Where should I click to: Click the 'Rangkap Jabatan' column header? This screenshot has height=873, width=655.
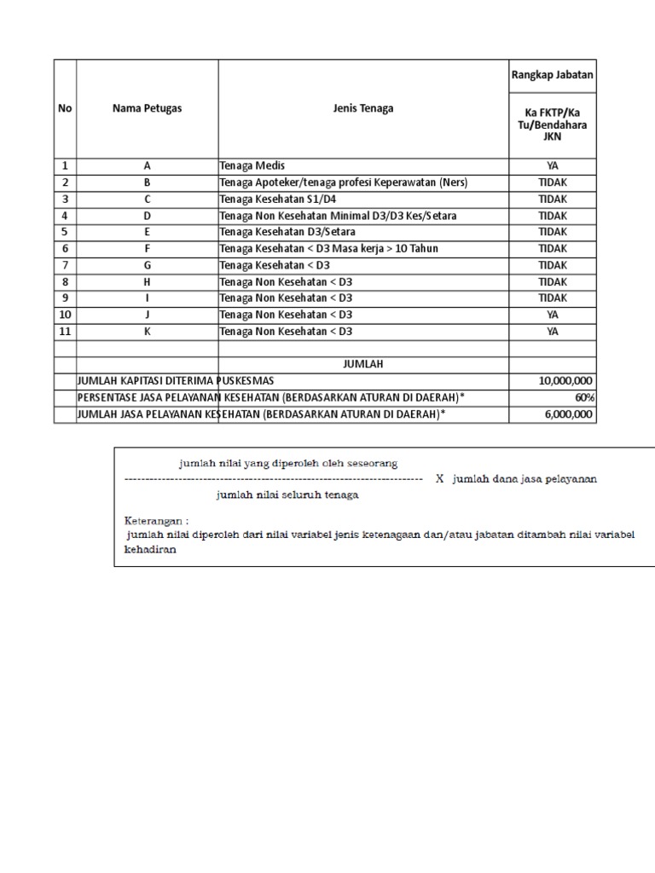click(x=553, y=75)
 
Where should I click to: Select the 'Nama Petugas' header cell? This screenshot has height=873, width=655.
click(x=147, y=108)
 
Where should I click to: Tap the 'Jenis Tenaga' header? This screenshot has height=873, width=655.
click(x=363, y=108)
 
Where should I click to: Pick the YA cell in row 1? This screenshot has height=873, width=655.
click(x=553, y=166)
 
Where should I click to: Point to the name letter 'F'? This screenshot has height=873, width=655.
click(x=147, y=248)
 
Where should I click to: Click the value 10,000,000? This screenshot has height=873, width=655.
click(x=566, y=381)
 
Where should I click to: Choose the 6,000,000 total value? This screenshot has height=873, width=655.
click(x=569, y=414)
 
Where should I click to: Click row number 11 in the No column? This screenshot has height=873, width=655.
click(x=65, y=332)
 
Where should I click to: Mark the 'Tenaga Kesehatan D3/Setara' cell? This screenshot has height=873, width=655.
click(x=287, y=232)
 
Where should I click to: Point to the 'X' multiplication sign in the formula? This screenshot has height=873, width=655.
click(x=439, y=479)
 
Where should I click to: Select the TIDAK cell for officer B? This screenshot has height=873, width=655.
click(x=553, y=182)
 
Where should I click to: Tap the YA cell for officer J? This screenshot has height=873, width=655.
click(x=553, y=315)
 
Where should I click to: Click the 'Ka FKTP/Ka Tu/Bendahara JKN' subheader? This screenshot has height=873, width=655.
click(x=553, y=124)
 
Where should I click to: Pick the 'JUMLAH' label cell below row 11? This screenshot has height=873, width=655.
click(x=363, y=364)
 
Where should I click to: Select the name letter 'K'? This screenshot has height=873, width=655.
click(x=147, y=332)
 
